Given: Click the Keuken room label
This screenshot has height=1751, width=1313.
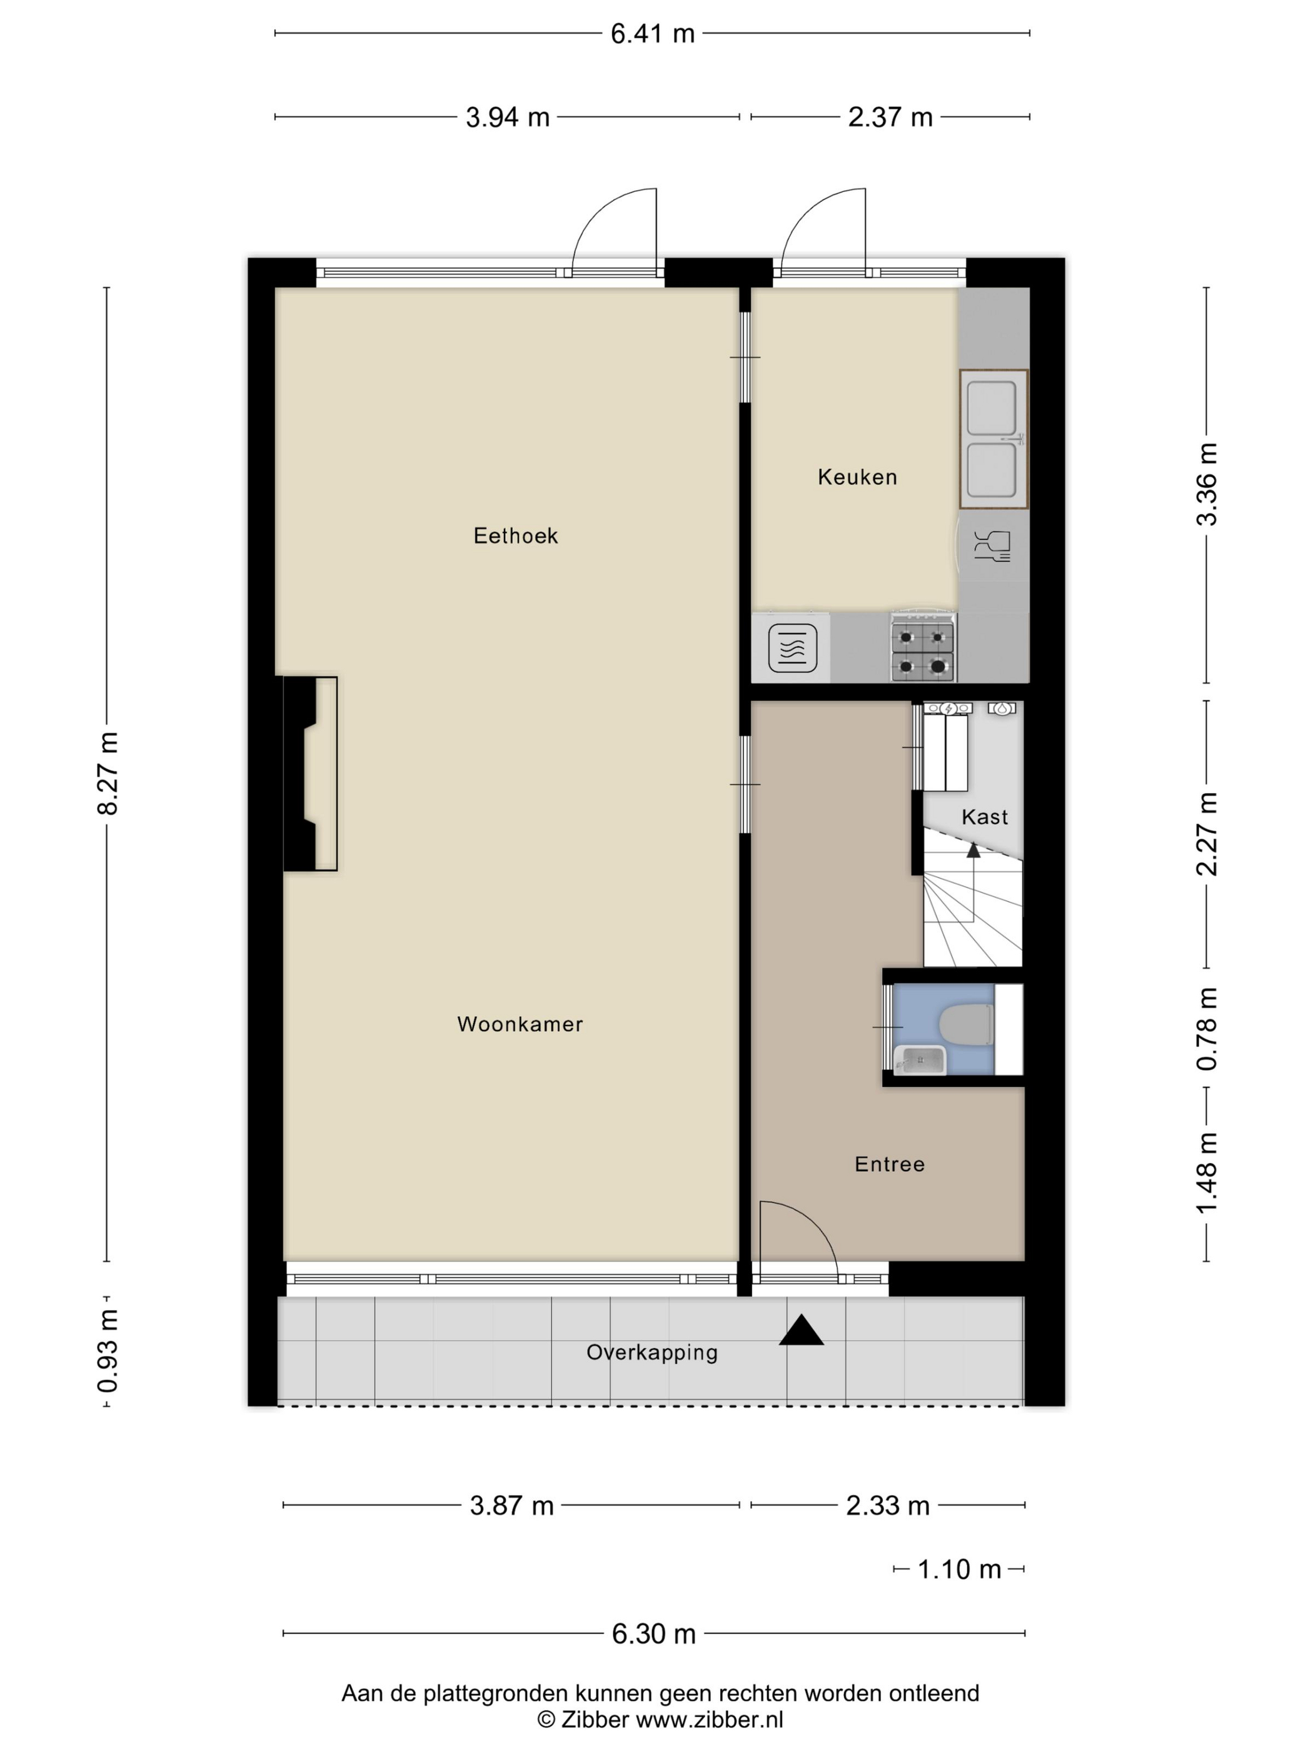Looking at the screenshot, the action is [857, 477].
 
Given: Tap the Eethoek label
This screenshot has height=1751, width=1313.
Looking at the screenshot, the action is [516, 536].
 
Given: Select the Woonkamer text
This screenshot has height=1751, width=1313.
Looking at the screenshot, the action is [520, 1024].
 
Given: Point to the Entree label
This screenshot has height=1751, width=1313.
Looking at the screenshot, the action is [890, 1164].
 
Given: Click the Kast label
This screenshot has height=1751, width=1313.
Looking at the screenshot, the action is [985, 817].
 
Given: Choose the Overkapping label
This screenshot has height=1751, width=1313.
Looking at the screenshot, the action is [652, 1352].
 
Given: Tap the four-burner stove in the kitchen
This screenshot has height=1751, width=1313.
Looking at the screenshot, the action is [923, 647].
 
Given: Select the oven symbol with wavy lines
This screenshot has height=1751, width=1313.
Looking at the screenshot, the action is [792, 648].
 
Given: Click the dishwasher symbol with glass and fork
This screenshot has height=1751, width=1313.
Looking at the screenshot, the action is [992, 546].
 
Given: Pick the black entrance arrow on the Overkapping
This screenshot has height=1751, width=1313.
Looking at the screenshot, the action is [801, 1331].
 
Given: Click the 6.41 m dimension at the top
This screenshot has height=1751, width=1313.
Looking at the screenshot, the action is [652, 34].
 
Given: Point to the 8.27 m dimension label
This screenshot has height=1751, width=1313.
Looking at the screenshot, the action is [107, 774].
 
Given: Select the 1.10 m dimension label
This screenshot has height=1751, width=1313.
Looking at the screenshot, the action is [959, 1569].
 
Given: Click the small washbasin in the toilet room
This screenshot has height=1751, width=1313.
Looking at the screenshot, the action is [920, 1060].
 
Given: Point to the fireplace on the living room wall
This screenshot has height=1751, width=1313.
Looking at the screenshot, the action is [310, 774].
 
